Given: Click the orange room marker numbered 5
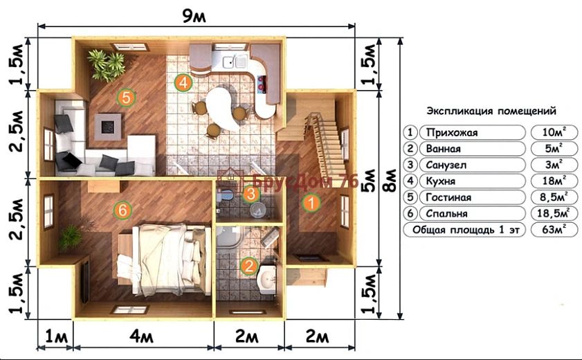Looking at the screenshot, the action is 126,98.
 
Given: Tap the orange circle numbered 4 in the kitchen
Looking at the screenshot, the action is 183,82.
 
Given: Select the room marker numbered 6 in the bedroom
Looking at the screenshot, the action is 123,210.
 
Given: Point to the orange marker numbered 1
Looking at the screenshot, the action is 311,203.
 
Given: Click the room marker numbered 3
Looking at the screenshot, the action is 251,194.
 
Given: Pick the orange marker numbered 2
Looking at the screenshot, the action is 249,266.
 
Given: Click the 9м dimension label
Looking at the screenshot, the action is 194,16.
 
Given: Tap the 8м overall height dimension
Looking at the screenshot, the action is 390,181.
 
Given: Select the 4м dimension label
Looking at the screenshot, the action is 141,337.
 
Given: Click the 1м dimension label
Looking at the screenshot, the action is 56,337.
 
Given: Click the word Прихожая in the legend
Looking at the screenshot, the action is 452,132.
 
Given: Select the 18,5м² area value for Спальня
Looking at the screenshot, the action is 554,213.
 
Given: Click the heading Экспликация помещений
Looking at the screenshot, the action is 491,111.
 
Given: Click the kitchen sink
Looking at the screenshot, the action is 235,61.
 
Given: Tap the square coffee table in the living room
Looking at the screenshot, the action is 108,127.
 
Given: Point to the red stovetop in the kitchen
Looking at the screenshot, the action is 262,84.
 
